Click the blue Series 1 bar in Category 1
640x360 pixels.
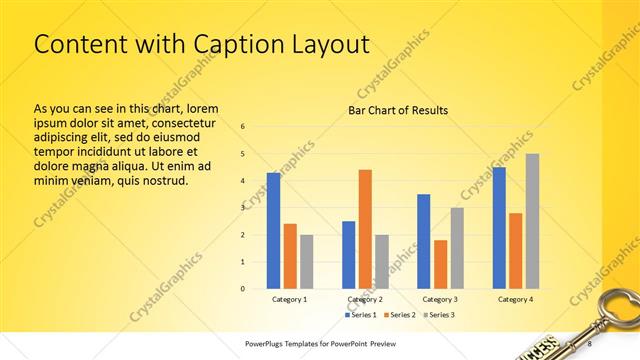coord(273,230)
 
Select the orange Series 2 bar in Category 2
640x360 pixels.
coord(365,229)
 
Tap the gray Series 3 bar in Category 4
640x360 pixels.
coord(532,221)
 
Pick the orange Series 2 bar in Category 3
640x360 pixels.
coord(440,264)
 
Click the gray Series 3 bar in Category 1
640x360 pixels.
coord(306,261)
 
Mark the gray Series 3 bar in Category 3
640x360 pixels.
coord(457,248)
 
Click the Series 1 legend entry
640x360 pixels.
coord(362,315)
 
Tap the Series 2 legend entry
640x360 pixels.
coord(400,315)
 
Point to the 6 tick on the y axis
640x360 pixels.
coord(243,127)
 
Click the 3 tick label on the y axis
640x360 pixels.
coord(243,208)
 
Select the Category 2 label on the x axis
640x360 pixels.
coord(365,299)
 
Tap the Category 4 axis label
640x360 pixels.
coord(515,299)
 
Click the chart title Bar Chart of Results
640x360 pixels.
coord(397,110)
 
